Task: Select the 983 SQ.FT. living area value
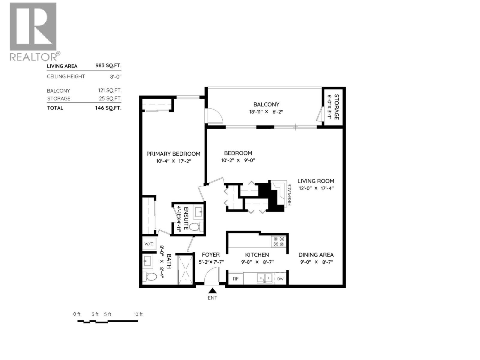pyautogui.click(x=108, y=66)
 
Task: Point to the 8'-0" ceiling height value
pyautogui.click(x=115, y=76)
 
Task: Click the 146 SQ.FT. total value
pyautogui.click(x=108, y=108)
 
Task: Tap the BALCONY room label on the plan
pyautogui.click(x=266, y=104)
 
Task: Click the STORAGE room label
pyautogui.click(x=336, y=107)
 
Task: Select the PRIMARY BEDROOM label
pyautogui.click(x=173, y=154)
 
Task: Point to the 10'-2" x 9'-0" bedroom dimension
pyautogui.click(x=238, y=160)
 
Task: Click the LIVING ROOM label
pyautogui.click(x=316, y=181)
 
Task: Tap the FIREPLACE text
pyautogui.click(x=289, y=195)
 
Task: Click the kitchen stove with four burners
pyautogui.click(x=279, y=241)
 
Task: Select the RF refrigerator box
pyautogui.click(x=236, y=279)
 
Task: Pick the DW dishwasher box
pyautogui.click(x=280, y=279)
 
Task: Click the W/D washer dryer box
pyautogui.click(x=149, y=244)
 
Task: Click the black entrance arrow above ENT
pyautogui.click(x=212, y=290)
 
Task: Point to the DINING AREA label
pyautogui.click(x=316, y=255)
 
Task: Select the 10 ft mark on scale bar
pyautogui.click(x=138, y=314)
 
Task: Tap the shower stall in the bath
pyautogui.click(x=185, y=269)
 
